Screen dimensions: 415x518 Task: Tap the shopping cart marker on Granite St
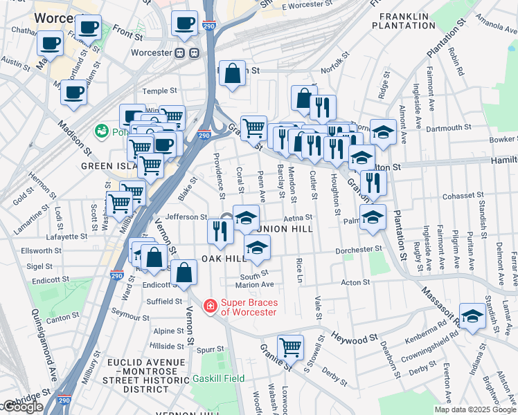(x=290, y=346)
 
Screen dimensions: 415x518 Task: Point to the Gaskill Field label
(x=222, y=378)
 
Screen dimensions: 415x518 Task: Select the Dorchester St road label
(x=359, y=249)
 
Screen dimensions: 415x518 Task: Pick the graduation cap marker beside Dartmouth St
(x=383, y=131)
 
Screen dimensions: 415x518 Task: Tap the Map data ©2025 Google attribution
(x=475, y=409)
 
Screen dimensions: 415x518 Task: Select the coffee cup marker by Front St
(x=88, y=28)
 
